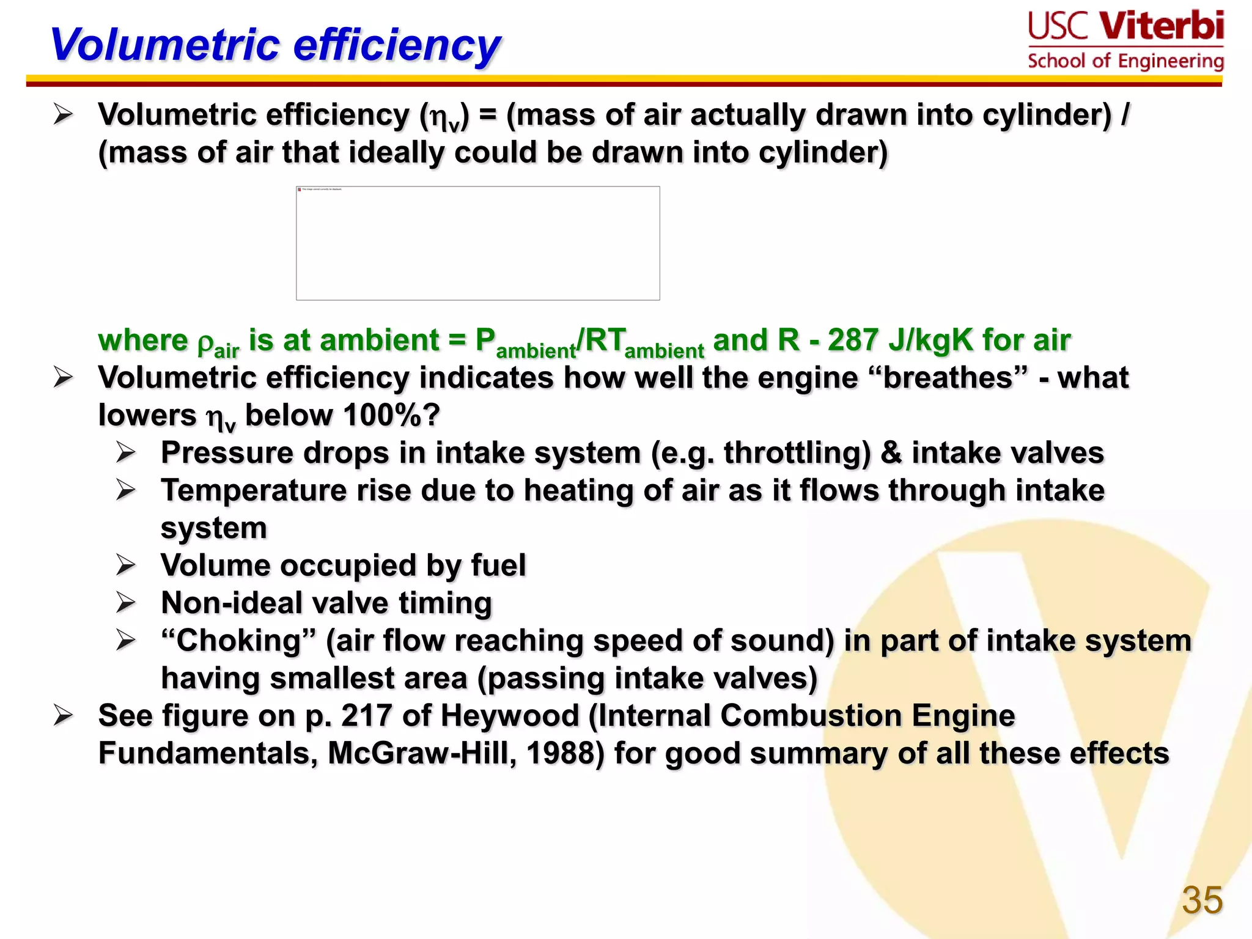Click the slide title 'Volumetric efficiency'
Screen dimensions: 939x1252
[x=275, y=46]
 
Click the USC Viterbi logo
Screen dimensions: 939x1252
[x=1125, y=28]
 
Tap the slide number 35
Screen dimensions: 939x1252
[x=1202, y=900]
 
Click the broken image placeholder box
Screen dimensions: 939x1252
[x=477, y=243]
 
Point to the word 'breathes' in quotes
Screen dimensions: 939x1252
[x=948, y=378]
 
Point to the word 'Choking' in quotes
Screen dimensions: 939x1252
[x=239, y=641]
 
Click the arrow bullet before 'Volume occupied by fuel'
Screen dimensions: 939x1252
[x=126, y=565]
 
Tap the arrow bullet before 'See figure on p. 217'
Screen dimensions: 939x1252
[x=64, y=716]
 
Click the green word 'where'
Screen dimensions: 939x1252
[x=143, y=340]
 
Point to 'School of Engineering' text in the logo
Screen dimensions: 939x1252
[x=1125, y=61]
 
